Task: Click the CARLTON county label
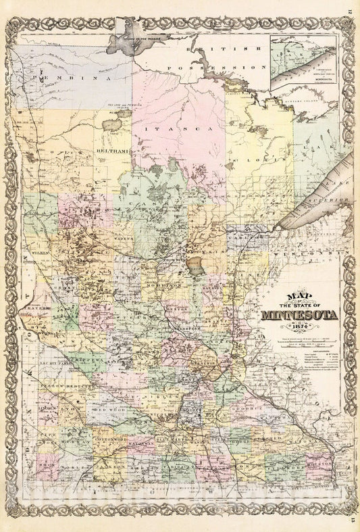[247, 239]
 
